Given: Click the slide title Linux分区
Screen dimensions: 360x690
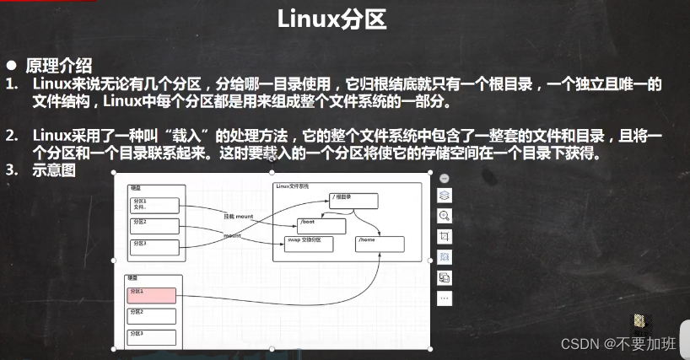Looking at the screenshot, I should (332, 19).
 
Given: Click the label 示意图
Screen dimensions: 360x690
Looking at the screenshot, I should (55, 169).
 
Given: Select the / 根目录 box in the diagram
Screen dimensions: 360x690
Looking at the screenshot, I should (353, 201).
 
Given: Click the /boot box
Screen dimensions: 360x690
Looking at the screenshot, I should (321, 226).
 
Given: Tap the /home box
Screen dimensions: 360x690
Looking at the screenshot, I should (380, 244).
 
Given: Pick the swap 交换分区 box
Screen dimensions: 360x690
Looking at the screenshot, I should (309, 244).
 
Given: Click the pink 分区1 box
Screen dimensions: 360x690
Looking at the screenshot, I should (152, 295).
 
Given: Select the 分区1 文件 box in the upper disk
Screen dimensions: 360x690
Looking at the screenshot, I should (154, 205).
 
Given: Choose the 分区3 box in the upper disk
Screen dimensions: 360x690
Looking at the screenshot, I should (154, 247).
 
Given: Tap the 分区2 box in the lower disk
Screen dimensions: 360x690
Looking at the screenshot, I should (152, 316).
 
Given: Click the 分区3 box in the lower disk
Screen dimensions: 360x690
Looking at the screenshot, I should (152, 337).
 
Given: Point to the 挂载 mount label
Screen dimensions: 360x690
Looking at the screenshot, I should (239, 217).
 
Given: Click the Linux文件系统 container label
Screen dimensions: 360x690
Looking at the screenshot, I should (293, 185).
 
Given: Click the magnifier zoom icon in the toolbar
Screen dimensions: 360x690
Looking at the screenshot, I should (445, 216).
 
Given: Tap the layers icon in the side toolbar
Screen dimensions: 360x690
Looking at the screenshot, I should (445, 196).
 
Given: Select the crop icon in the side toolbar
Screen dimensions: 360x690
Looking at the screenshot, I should (445, 236).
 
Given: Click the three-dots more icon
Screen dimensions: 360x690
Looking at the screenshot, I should (445, 298).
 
